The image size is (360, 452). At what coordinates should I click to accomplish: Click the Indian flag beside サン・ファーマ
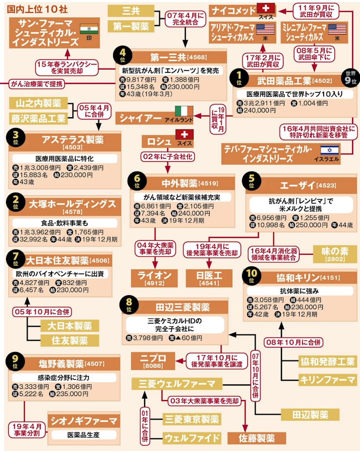point(89,29)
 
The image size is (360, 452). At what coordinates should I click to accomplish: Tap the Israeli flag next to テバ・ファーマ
point(330,150)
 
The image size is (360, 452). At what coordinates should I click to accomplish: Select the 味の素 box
point(335,254)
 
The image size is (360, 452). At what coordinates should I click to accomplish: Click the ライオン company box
point(154,277)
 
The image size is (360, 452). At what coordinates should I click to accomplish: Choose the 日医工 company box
point(209,277)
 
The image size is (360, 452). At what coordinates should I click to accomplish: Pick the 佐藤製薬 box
point(257,438)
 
